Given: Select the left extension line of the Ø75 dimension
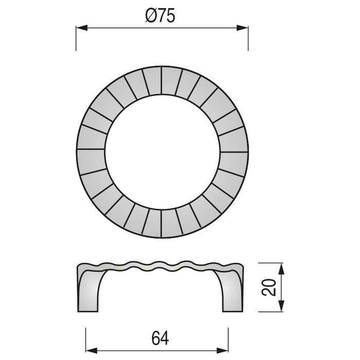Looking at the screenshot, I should coord(76,39).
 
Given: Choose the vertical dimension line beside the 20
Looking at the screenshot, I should coord(281,288).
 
